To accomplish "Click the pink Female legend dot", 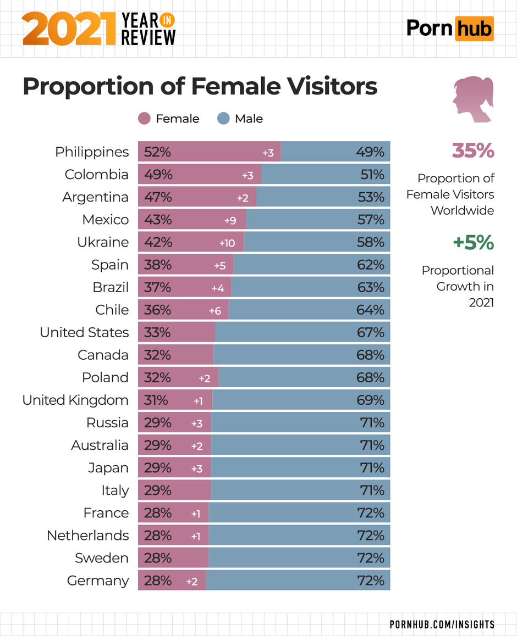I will pyautogui.click(x=144, y=119).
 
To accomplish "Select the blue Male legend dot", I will pyautogui.click(x=223, y=119).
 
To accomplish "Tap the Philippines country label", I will pyautogui.click(x=92, y=152).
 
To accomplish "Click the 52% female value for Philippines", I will pyautogui.click(x=158, y=152).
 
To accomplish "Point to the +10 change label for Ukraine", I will pyautogui.click(x=227, y=243).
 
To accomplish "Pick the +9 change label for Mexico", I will pyautogui.click(x=230, y=220).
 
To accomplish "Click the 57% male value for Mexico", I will pyautogui.click(x=370, y=220).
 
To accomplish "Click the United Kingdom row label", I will pyautogui.click(x=75, y=400).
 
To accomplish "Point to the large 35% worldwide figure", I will pyautogui.click(x=472, y=150).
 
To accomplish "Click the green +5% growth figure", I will pyautogui.click(x=472, y=242).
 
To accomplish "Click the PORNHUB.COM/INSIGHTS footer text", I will pyautogui.click(x=442, y=624).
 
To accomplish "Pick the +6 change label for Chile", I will pyautogui.click(x=215, y=310).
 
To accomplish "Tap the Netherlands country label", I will pyautogui.click(x=87, y=535).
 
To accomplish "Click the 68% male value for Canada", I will pyautogui.click(x=370, y=355).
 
